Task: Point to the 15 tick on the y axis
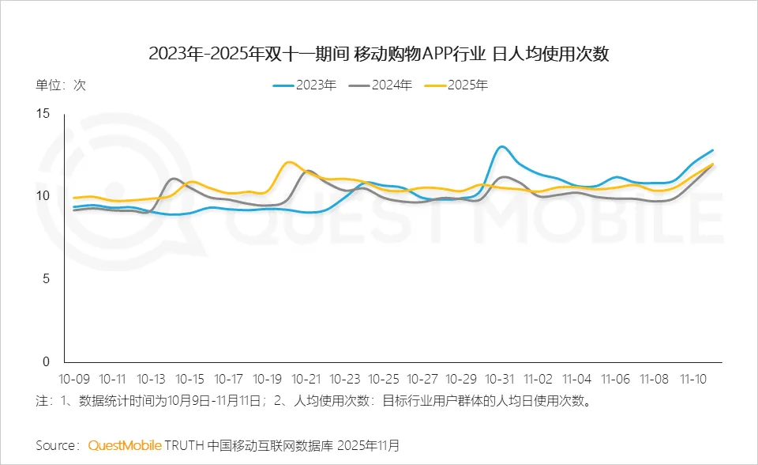click(43, 114)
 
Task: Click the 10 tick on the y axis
click(43, 196)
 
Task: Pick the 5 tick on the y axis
click(46, 279)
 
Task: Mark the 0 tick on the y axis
click(46, 361)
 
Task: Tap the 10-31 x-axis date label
click(500, 379)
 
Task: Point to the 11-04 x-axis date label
click(577, 379)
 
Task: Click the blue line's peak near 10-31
click(501, 147)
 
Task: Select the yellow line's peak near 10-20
click(290, 162)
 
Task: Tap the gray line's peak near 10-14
click(174, 179)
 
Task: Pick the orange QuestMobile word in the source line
click(125, 445)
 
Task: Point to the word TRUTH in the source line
click(185, 445)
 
